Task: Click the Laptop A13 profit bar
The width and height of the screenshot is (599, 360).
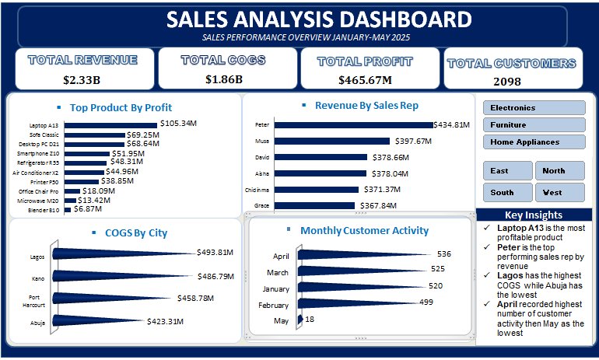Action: coord(110,125)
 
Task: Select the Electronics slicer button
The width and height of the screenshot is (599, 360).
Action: coord(534,107)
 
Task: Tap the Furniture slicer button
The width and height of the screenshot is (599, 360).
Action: coord(534,125)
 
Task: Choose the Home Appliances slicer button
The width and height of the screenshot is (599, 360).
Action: coord(534,142)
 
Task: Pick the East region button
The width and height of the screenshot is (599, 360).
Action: coord(508,170)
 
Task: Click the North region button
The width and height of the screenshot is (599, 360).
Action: coord(560,170)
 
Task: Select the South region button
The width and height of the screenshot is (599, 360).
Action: coord(508,192)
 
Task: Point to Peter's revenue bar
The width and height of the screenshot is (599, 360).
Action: coord(354,125)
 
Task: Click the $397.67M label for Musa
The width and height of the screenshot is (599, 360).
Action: coord(413,142)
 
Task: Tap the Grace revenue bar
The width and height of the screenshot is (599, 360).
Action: coord(314,205)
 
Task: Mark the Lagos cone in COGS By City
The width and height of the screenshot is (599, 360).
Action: coord(123,253)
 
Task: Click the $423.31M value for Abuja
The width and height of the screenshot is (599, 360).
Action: coord(166,321)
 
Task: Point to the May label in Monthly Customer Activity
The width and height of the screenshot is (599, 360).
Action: coord(281,321)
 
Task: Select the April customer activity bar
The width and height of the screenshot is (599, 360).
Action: coord(363,254)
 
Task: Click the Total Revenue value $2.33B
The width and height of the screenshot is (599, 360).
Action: coord(82,80)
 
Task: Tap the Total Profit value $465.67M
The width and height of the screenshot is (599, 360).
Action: coord(365,80)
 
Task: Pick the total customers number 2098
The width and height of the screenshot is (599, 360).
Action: coord(507,82)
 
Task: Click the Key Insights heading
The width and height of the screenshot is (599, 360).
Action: coord(534,215)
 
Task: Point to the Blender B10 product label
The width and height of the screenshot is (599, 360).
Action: coord(44,210)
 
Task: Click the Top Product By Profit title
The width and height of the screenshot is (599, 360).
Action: coord(121,107)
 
